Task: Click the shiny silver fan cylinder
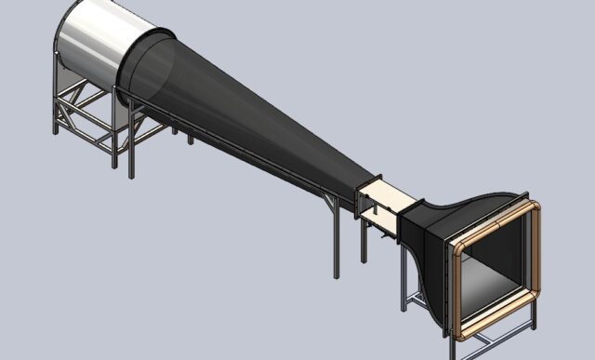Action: (x=98, y=42)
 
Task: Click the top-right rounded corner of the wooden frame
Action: (x=534, y=207)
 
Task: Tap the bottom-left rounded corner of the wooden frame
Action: (x=460, y=329)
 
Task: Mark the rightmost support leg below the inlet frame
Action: (x=534, y=316)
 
